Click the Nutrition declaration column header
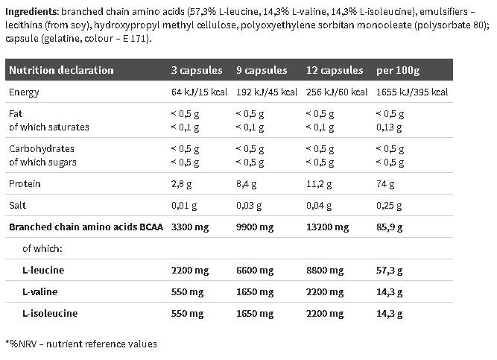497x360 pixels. (x=61, y=70)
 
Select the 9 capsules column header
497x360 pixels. (x=262, y=70)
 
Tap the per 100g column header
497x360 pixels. (x=399, y=70)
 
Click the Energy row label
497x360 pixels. (x=24, y=92)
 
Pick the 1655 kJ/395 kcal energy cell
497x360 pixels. (x=412, y=92)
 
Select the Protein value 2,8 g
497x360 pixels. (x=183, y=183)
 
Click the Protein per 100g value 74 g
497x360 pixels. (x=387, y=183)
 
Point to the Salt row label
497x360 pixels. (x=18, y=205)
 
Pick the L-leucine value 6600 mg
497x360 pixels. (x=253, y=270)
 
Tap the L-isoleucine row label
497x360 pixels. (x=50, y=313)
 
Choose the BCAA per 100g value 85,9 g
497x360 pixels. (x=390, y=227)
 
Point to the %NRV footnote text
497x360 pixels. (x=81, y=344)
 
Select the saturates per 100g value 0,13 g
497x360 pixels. (x=390, y=127)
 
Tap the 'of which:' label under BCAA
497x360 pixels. (x=42, y=248)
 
